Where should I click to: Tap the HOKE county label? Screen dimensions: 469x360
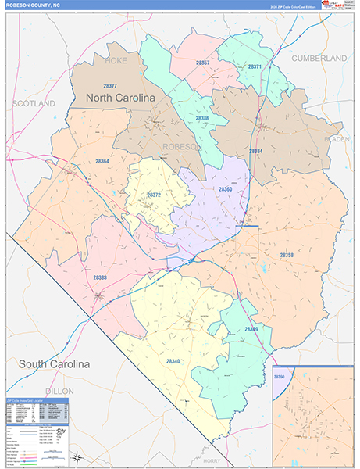point(115,59)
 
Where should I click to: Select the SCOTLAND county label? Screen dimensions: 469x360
point(34,103)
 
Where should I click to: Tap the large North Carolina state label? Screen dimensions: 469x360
point(120,98)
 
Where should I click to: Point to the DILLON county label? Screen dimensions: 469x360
point(58,391)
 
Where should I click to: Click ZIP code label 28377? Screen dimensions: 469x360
point(110,86)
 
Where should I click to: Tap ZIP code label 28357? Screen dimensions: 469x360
point(202,62)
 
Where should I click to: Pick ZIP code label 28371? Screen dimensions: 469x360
point(254,67)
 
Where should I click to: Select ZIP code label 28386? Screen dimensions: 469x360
point(202,118)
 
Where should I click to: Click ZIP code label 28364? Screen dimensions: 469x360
point(102,161)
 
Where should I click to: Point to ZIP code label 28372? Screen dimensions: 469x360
point(154,195)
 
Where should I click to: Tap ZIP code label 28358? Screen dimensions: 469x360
point(287,255)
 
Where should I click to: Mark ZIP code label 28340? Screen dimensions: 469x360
point(173,361)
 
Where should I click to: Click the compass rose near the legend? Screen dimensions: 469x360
point(77,456)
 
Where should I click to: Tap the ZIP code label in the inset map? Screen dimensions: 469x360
point(279,377)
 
